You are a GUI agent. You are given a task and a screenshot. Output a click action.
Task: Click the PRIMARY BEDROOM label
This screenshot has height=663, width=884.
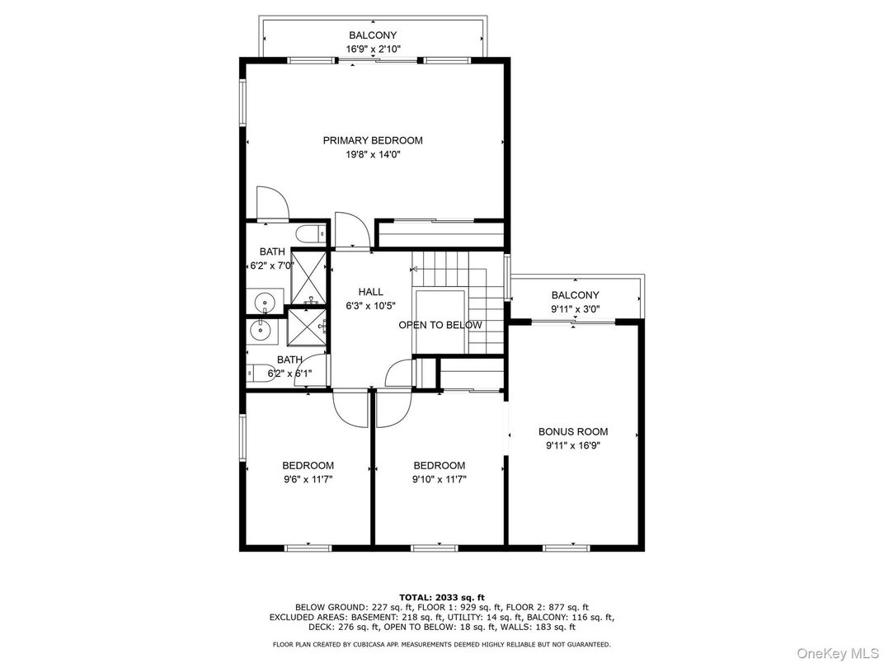[373, 140]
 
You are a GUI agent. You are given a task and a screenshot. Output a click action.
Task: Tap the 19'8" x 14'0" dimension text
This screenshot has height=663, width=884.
[373, 154]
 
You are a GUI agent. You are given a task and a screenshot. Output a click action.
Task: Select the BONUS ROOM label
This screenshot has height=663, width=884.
[573, 432]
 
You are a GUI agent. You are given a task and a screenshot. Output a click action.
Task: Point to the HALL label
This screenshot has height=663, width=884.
[370, 291]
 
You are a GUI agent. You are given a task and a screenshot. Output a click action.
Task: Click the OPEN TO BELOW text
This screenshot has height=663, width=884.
[440, 325]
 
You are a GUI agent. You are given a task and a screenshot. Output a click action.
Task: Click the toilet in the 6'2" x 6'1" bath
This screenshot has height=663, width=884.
[261, 374]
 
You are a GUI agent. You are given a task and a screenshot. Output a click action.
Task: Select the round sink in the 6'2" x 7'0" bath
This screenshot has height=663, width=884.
[265, 302]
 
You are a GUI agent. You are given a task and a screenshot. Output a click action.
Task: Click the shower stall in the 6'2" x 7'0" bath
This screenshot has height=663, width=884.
[308, 277]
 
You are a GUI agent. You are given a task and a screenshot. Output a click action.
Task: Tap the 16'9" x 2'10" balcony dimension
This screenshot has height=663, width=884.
[373, 49]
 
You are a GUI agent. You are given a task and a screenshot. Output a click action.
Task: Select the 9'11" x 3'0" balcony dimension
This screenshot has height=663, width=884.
[575, 309]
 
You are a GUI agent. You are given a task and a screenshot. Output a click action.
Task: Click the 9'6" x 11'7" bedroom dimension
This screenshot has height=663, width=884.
[308, 480]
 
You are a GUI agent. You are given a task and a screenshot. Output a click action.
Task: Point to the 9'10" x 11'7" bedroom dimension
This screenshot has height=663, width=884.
[440, 480]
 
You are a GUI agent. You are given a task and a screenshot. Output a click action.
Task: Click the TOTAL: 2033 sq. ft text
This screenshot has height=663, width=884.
[442, 598]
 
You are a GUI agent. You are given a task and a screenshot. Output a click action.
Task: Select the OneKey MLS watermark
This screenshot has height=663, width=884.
[838, 653]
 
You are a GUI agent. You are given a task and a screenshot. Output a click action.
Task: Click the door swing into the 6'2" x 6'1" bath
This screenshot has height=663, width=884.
[311, 369]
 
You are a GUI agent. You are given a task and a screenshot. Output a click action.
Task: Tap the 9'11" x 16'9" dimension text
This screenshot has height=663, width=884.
[573, 445]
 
